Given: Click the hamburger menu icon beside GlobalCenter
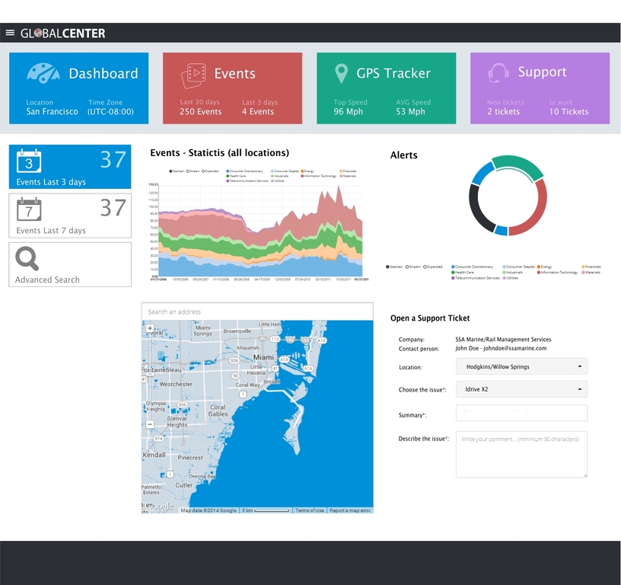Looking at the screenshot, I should (10, 33).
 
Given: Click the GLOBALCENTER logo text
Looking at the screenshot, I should (63, 34).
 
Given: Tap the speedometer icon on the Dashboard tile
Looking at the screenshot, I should (43, 73).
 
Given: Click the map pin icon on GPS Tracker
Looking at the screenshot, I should (342, 74).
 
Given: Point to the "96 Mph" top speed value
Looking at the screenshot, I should (349, 112).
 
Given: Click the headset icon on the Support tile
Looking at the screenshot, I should (498, 73).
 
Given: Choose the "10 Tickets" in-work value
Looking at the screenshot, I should (568, 112).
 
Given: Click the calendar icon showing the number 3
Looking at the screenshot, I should (29, 161).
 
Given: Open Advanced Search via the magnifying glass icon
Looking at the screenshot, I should (27, 259).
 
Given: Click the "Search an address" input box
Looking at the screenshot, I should (257, 312).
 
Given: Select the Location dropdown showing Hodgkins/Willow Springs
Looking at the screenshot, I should (521, 366).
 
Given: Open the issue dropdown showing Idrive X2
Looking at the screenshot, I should (521, 389).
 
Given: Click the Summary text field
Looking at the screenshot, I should (521, 413).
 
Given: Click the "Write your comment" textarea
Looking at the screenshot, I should (521, 455).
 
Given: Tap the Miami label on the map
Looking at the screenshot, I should (263, 356).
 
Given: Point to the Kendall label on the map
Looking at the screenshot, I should (154, 455).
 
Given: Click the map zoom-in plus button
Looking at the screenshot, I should (150, 329).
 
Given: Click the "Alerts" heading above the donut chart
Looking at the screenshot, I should (403, 155).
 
